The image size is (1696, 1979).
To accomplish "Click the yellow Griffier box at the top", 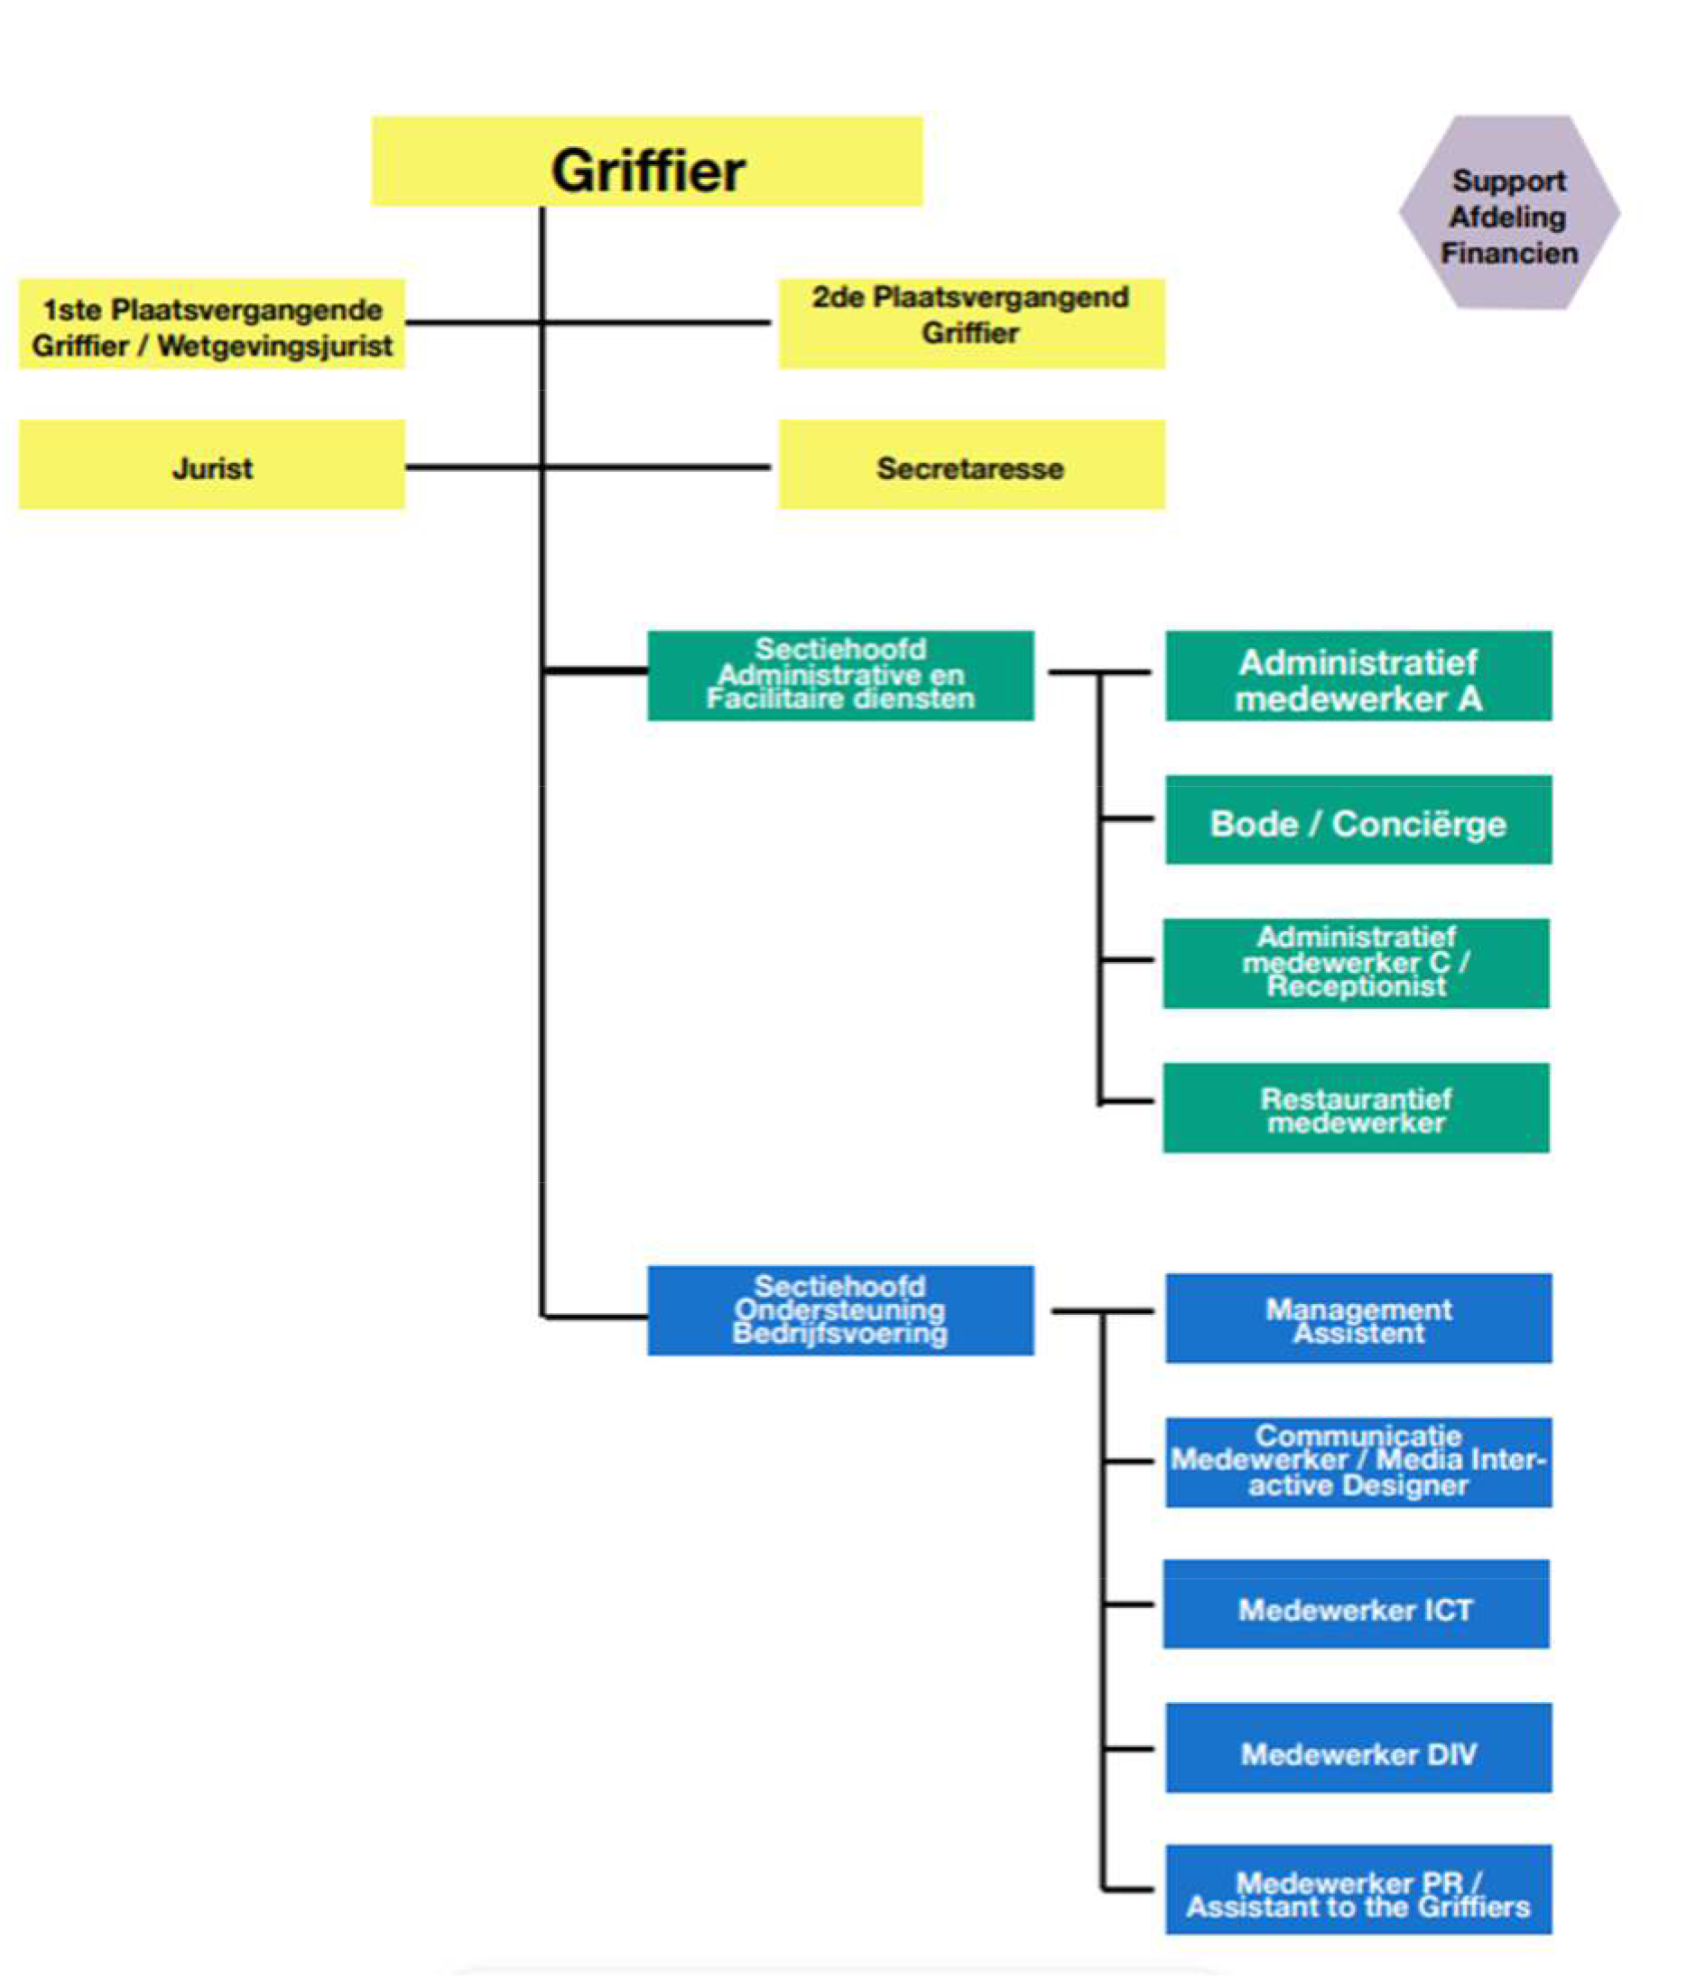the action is click(647, 162).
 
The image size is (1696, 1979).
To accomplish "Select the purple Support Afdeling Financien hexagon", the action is click(1509, 212).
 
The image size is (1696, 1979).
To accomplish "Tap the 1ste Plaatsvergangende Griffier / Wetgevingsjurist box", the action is click(212, 324).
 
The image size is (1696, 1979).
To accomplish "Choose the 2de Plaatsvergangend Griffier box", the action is click(972, 324).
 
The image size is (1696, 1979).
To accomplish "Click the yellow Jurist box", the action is click(212, 465).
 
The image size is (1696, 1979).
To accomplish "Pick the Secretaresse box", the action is click(972, 465).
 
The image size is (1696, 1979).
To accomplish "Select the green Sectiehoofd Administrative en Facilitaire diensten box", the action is click(841, 675).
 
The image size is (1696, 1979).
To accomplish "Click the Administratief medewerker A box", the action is click(1358, 675).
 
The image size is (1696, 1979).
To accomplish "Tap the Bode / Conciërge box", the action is click(1358, 819).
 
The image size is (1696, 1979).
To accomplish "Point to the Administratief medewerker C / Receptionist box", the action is click(1357, 964).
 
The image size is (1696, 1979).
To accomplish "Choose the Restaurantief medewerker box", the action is click(1357, 1108).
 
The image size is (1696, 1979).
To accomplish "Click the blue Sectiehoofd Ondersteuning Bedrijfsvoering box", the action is click(841, 1310).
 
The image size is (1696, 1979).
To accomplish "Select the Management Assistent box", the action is click(1358, 1318).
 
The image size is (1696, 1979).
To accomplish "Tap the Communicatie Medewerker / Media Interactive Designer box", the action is click(1358, 1462).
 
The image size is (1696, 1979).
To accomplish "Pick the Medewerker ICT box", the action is click(1357, 1604).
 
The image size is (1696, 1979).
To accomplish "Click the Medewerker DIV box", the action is click(1358, 1748).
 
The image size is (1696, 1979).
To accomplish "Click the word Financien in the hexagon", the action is click(1510, 253).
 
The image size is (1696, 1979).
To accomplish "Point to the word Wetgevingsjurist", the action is click(275, 346).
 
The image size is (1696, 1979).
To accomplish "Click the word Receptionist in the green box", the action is click(1357, 985).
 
